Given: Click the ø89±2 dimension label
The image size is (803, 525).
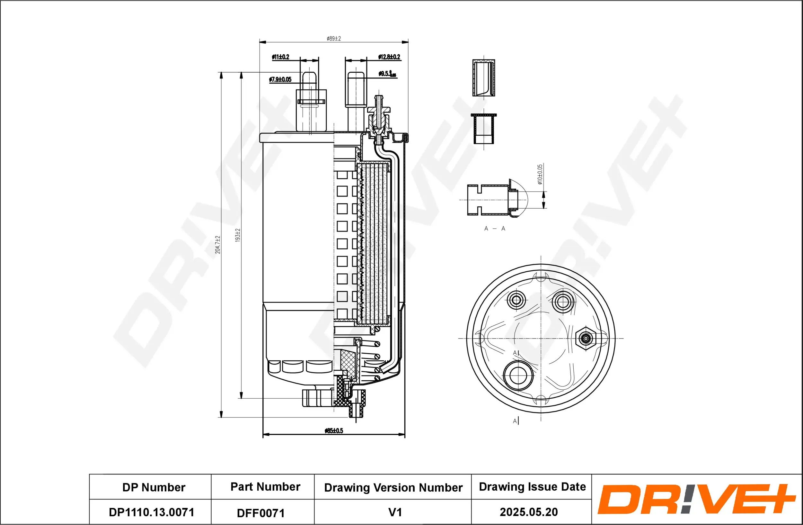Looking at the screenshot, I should (x=334, y=39).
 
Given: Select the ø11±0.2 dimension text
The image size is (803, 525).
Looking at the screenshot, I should (x=280, y=57).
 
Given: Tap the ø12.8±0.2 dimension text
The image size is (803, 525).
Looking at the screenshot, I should (x=389, y=57).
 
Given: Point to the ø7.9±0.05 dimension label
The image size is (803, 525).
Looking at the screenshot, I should (x=280, y=79).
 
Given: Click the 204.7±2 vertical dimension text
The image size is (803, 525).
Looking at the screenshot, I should (x=218, y=244).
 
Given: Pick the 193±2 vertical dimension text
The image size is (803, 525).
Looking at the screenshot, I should (x=237, y=235).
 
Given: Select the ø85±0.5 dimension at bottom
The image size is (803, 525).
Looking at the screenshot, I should (x=334, y=430).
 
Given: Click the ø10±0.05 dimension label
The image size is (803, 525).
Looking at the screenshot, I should (x=540, y=175).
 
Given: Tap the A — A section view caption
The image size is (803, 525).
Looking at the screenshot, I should (x=494, y=229).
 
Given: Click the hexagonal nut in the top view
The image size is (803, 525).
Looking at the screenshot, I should (x=586, y=338).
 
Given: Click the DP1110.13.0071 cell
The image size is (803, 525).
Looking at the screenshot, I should (x=152, y=512).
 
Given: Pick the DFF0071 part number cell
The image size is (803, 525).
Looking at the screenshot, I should (x=260, y=513).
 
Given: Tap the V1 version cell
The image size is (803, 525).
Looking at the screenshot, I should (x=395, y=512).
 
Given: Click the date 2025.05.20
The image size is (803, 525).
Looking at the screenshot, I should (x=528, y=512).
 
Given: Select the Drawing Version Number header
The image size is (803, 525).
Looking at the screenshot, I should (x=393, y=487).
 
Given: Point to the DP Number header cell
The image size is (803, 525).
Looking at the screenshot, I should (x=154, y=487).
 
